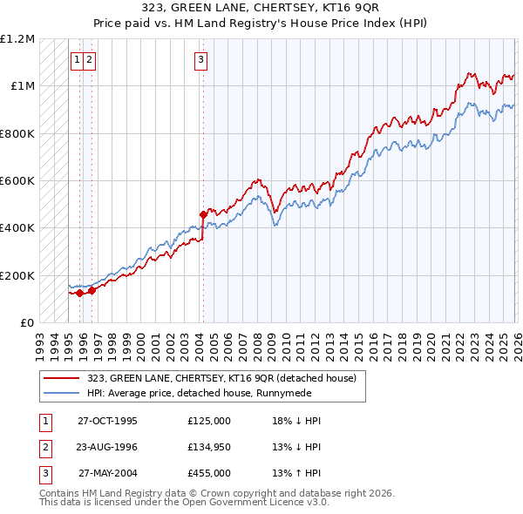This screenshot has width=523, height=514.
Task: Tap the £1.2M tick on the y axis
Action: pyautogui.click(x=17, y=39)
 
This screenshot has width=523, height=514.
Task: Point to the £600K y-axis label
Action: pyautogui.click(x=17, y=181)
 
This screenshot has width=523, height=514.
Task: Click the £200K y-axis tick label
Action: pyautogui.click(x=17, y=275)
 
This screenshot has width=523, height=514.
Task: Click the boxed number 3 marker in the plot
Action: pyautogui.click(x=201, y=60)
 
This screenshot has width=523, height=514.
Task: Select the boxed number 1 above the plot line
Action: pyautogui.click(x=78, y=60)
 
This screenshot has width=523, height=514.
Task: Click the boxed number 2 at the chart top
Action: pyautogui.click(x=90, y=60)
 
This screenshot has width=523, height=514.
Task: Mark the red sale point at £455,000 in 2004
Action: pyautogui.click(x=203, y=213)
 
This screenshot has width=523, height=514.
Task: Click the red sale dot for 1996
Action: pyautogui.click(x=91, y=291)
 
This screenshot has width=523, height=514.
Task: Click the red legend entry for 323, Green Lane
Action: pyautogui.click(x=221, y=379)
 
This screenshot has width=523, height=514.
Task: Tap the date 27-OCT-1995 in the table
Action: pyautogui.click(x=108, y=421)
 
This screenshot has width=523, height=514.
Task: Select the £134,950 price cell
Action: pyautogui.click(x=209, y=447)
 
